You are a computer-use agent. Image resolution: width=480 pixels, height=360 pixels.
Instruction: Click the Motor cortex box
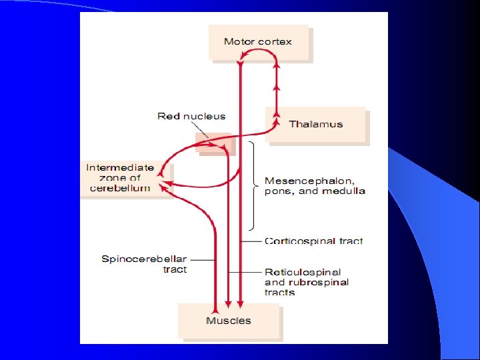[x=259, y=43]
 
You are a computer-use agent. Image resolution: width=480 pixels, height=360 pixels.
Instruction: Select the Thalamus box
[x=316, y=125]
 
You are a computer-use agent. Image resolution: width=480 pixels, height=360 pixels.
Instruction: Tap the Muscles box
[x=229, y=321]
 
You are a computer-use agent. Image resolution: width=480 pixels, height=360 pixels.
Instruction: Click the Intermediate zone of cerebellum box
[x=120, y=178]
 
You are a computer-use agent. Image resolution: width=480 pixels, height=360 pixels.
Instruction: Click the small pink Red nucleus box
[x=213, y=142]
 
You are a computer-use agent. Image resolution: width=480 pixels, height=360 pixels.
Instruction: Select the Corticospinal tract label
[x=314, y=241]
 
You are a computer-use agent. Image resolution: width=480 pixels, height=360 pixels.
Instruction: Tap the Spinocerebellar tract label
[x=144, y=264]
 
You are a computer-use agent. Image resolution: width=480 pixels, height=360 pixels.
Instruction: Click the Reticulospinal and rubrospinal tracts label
[x=306, y=282]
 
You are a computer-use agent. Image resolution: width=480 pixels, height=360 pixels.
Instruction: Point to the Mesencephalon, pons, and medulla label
[x=315, y=185]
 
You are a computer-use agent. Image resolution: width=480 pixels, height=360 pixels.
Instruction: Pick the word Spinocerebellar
[x=144, y=259]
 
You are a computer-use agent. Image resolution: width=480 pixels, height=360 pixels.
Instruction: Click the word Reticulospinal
[x=303, y=272]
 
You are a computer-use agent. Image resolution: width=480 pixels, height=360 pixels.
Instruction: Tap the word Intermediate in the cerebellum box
[x=120, y=167]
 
